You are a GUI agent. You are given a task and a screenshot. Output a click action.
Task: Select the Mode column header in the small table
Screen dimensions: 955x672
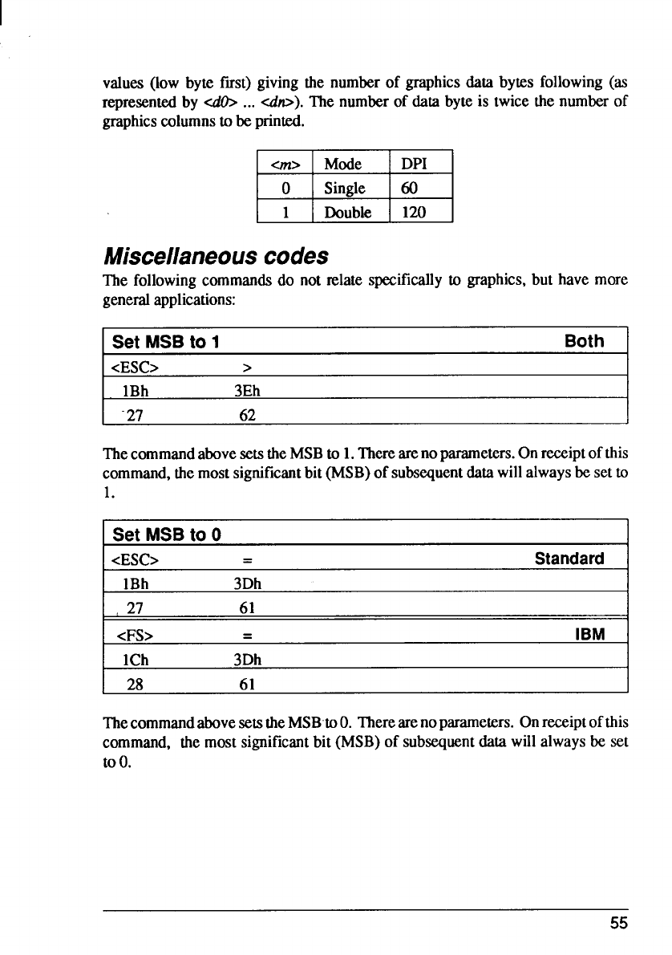click(342, 165)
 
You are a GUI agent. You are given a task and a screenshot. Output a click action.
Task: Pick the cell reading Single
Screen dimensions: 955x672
click(345, 189)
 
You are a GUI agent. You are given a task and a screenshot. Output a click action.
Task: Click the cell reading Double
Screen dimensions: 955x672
click(346, 212)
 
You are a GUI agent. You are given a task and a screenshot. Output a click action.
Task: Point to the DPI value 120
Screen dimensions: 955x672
click(414, 212)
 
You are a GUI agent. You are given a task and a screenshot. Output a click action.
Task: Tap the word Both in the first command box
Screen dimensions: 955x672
click(584, 341)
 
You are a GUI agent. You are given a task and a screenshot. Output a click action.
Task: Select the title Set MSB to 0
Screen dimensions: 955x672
click(167, 534)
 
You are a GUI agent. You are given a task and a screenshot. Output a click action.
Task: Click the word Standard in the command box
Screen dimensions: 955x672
click(569, 558)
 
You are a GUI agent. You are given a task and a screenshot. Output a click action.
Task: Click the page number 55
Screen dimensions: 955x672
click(617, 923)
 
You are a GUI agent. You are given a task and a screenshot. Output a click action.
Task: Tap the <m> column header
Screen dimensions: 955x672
click(283, 165)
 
